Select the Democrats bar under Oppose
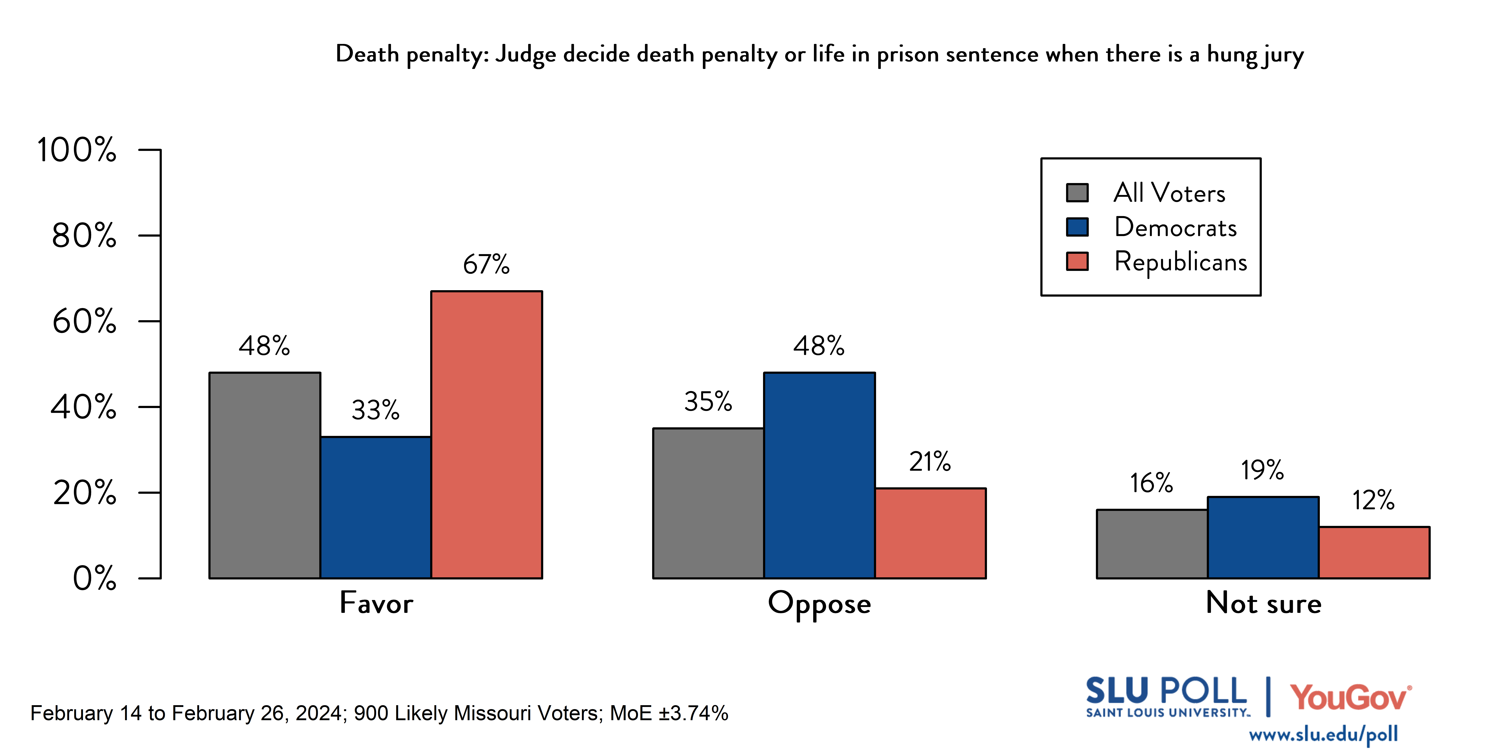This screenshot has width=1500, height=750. [819, 475]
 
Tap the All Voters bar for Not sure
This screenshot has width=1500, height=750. [1152, 544]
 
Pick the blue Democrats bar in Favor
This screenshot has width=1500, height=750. [376, 507]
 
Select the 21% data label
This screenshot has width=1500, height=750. [930, 462]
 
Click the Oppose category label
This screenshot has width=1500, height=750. [819, 604]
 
